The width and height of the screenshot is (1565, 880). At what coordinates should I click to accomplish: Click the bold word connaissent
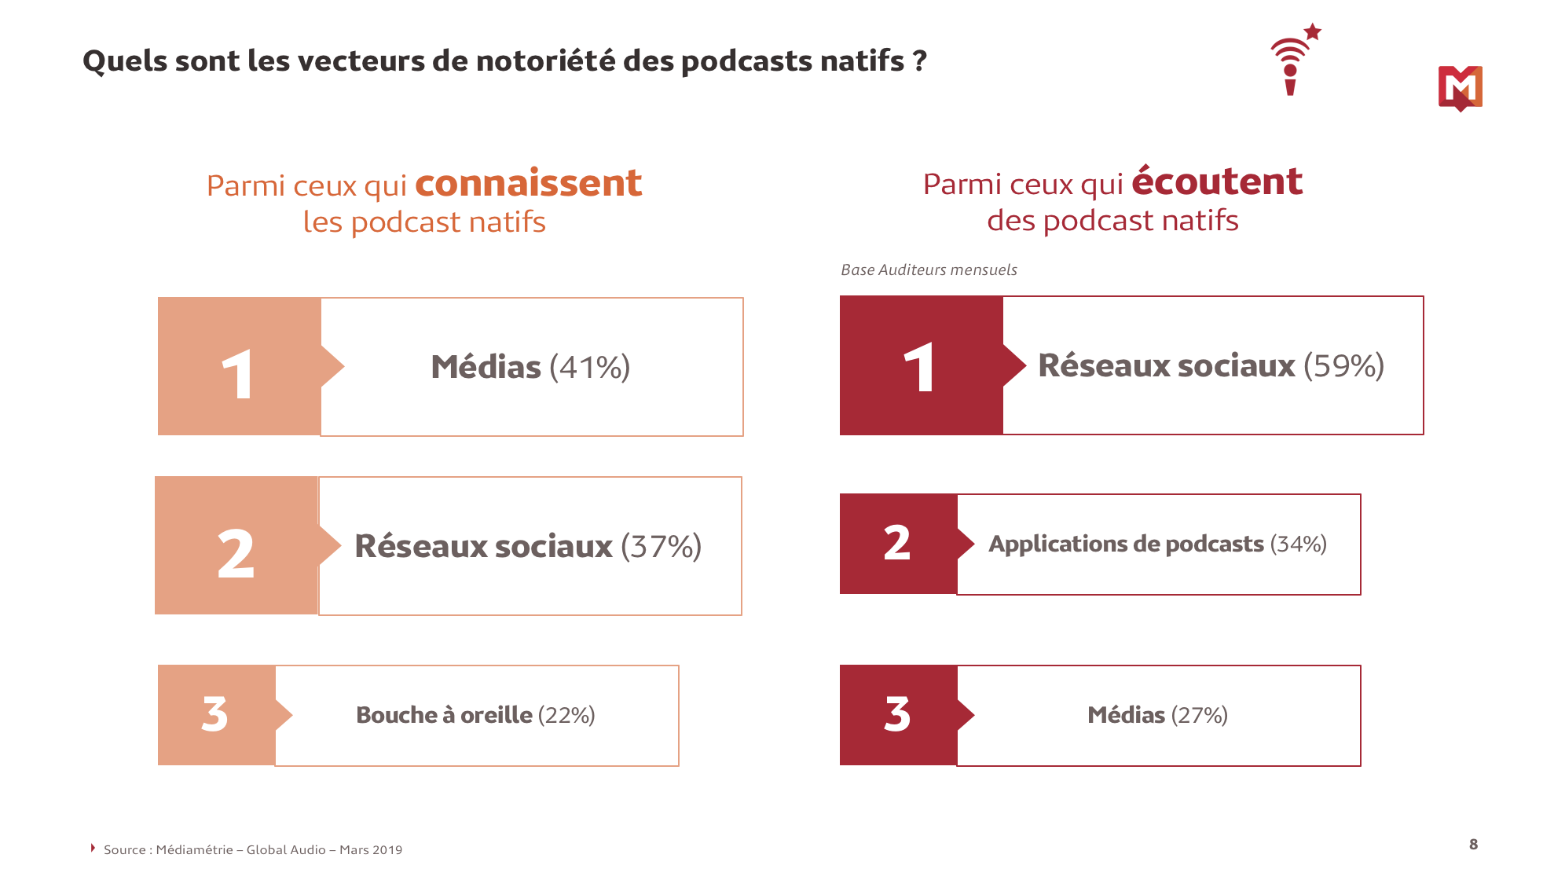coord(528,183)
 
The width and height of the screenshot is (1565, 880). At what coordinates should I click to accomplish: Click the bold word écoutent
coord(1217,181)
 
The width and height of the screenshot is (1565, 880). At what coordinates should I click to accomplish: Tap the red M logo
coord(1460,88)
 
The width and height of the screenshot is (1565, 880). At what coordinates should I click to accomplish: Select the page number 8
coord(1473,844)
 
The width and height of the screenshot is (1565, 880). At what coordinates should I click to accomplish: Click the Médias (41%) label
coord(530,367)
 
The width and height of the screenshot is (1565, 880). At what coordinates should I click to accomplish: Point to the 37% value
coord(661,546)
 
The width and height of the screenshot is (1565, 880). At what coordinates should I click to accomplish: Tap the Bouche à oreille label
coord(444,715)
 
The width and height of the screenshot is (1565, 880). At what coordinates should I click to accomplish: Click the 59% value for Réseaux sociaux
coord(1343,365)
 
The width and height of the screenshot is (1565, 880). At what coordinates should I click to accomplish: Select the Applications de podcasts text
coord(1126,544)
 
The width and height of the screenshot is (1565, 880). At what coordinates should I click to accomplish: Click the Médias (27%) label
coord(1157,715)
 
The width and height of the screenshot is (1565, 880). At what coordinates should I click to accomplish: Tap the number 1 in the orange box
coord(237,375)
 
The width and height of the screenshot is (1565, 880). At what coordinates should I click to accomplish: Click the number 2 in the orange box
coord(236,554)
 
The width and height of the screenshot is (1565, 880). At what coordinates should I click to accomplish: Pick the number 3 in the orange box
coord(214,714)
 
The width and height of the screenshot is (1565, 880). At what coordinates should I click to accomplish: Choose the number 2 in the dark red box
coord(897,543)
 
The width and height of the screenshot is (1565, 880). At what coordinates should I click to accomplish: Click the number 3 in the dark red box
coord(897,714)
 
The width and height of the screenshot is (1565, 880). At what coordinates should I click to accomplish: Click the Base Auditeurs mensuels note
coord(929,269)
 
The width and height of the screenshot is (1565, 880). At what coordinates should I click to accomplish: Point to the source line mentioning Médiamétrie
coord(252,849)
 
